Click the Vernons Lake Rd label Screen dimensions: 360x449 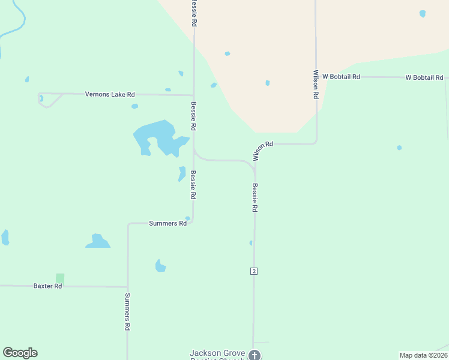[x=110, y=94]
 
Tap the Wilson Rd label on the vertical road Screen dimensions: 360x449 [x=316, y=84]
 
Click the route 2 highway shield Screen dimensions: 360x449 [x=254, y=271]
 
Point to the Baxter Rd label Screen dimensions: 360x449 [x=47, y=286]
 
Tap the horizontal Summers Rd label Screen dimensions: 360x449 [x=167, y=223]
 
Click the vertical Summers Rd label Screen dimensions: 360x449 [x=127, y=311]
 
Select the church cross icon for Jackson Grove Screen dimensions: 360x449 [x=255, y=355]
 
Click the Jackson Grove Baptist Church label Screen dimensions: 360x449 [x=217, y=354]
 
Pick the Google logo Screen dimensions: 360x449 [x=20, y=353]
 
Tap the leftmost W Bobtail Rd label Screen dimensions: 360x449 [x=341, y=77]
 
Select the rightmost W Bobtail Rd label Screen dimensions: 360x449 [x=424, y=77]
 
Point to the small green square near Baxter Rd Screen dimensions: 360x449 [x=60, y=278]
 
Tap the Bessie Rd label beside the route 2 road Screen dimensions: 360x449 [x=255, y=197]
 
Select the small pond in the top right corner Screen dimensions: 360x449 [x=423, y=14]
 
